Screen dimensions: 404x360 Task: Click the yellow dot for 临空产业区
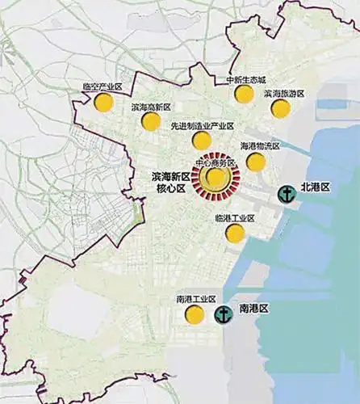click(103, 103)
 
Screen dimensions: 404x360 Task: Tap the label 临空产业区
click(102, 86)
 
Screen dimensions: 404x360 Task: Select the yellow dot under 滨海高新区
click(150, 121)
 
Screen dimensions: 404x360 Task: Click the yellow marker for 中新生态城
click(244, 94)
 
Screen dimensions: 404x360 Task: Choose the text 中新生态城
click(245, 79)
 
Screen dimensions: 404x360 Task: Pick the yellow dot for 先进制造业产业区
click(202, 141)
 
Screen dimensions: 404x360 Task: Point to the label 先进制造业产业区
click(202, 126)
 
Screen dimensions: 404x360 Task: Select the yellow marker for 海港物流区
click(256, 162)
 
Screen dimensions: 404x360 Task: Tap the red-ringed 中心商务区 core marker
click(216, 178)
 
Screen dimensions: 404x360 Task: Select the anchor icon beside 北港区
click(285, 193)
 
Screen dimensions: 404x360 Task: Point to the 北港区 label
click(316, 187)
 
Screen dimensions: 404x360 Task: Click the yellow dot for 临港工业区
click(235, 234)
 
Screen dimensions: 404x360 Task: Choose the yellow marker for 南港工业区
click(194, 314)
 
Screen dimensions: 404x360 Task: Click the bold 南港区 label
click(253, 309)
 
